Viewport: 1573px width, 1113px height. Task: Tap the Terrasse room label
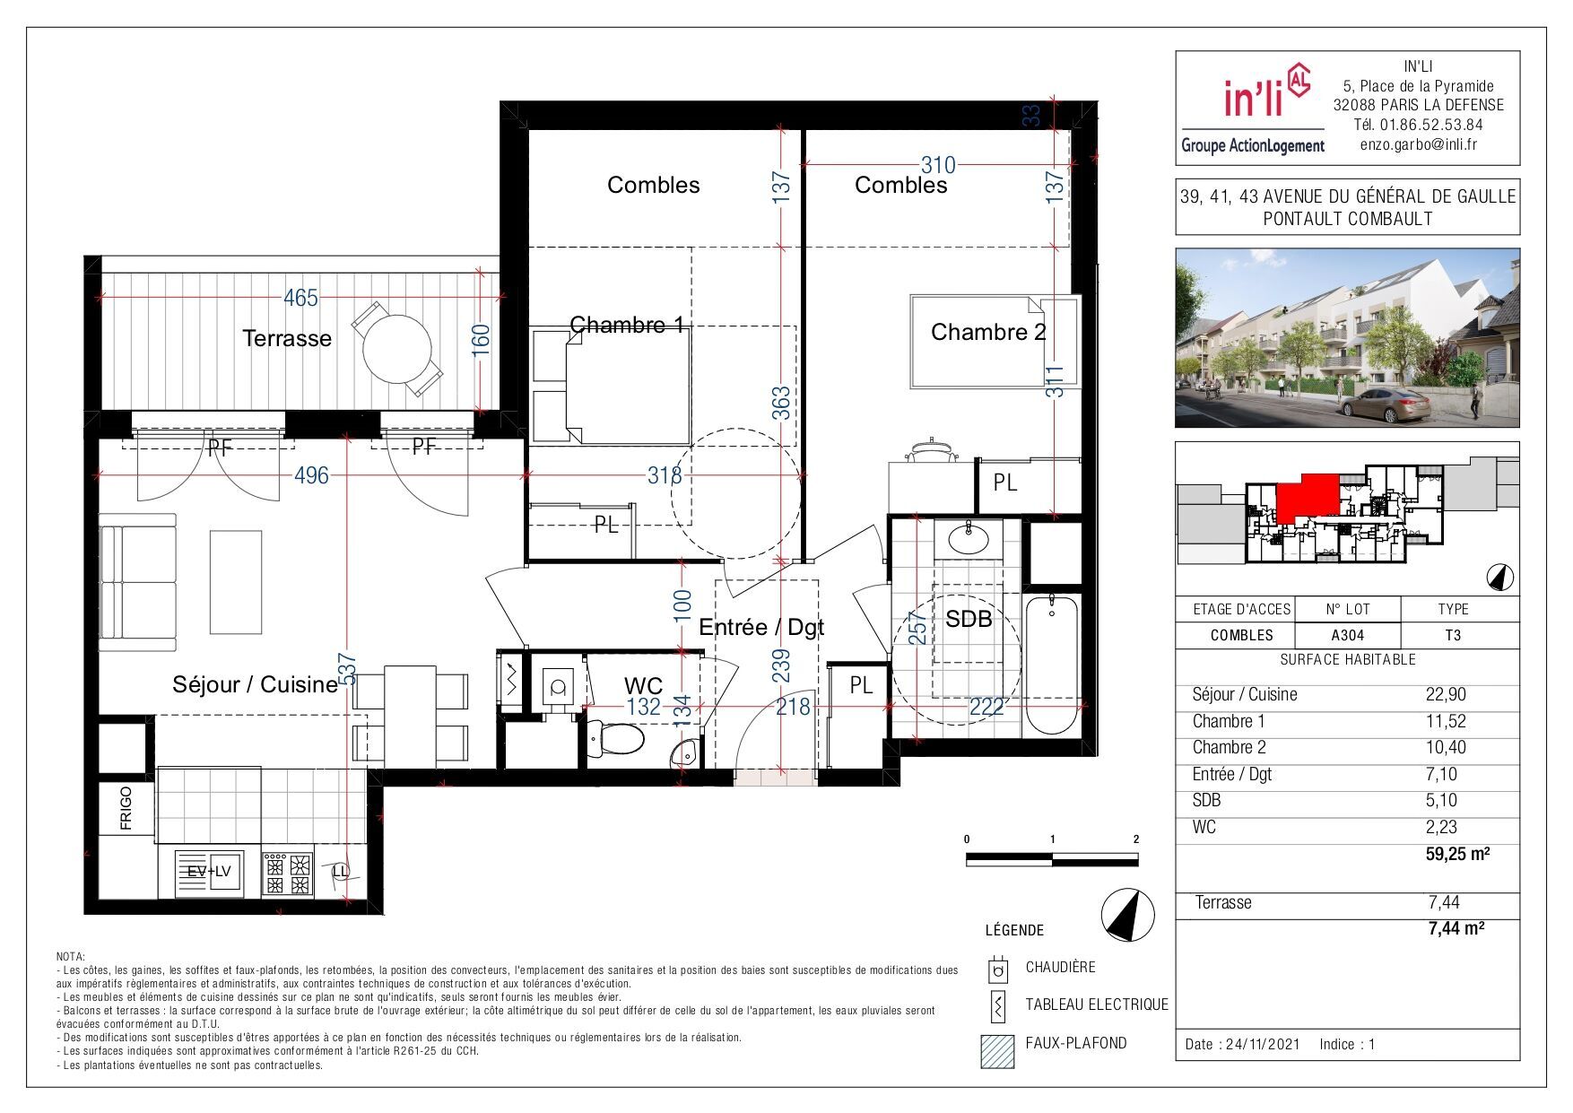point(287,338)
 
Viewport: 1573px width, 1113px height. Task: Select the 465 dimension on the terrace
point(300,298)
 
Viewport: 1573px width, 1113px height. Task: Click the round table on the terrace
point(397,347)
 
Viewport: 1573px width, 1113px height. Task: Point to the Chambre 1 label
point(627,325)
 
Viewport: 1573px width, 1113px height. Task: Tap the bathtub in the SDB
point(1051,665)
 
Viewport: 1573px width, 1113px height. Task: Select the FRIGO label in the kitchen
point(126,808)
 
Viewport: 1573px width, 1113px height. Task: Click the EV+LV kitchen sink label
point(209,871)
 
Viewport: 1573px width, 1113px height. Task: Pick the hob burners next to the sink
point(287,874)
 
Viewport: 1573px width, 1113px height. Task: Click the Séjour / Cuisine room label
point(255,684)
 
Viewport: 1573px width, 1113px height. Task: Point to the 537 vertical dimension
point(348,668)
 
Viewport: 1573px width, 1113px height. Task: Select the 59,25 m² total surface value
point(1458,854)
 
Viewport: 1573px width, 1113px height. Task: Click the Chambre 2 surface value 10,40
point(1441,747)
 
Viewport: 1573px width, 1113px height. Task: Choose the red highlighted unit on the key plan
point(1307,498)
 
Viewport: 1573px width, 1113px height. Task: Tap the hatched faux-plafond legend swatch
point(998,1051)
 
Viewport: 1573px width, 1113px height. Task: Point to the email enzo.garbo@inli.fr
point(1419,144)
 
